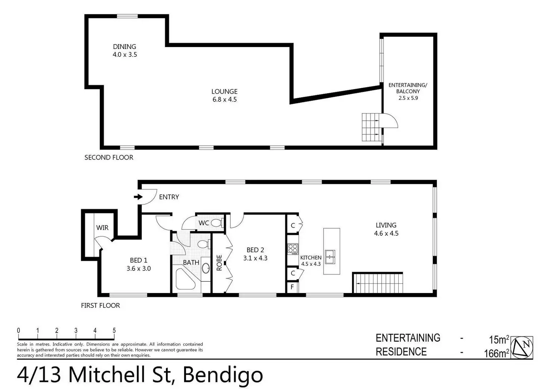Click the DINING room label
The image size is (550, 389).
(124, 47)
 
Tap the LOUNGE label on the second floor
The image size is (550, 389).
(224, 92)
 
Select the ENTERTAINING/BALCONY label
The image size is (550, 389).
(408, 88)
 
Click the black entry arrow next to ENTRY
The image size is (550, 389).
(138, 197)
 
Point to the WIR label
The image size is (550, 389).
(102, 228)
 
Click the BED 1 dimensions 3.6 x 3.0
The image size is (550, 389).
(139, 268)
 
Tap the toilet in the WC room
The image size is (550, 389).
(216, 223)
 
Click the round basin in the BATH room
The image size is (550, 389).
(206, 268)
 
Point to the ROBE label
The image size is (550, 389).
(219, 263)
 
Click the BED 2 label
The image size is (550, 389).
(255, 250)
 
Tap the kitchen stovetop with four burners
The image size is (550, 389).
(293, 249)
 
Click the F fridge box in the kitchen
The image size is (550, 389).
(293, 287)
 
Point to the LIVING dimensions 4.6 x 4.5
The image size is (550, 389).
(386, 234)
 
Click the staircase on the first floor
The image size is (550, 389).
(378, 283)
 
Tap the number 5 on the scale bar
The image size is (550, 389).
(114, 330)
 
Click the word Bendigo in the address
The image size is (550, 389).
(223, 375)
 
